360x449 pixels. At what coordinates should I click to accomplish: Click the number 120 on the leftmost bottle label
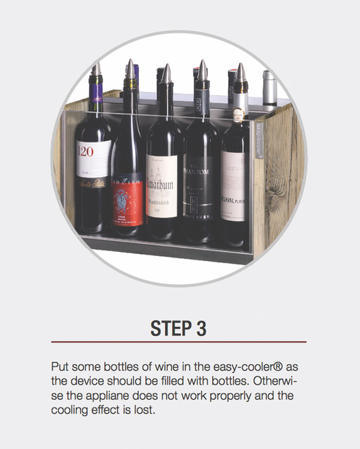[x=85, y=152]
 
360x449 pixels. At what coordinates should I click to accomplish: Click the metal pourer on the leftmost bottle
[x=95, y=69]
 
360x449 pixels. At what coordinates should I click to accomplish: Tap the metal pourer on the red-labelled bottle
[x=130, y=69]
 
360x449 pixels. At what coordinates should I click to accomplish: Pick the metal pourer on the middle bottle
[x=166, y=74]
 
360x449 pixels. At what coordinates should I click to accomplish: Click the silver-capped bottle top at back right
[x=269, y=77]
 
